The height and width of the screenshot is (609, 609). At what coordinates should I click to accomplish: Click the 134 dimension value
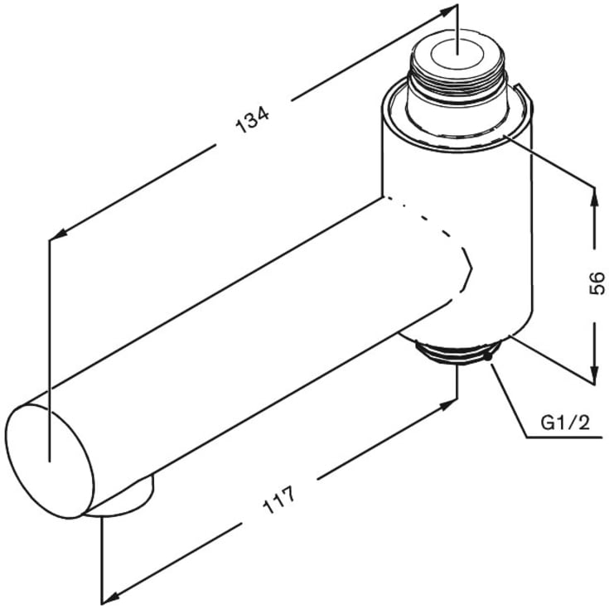253,121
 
